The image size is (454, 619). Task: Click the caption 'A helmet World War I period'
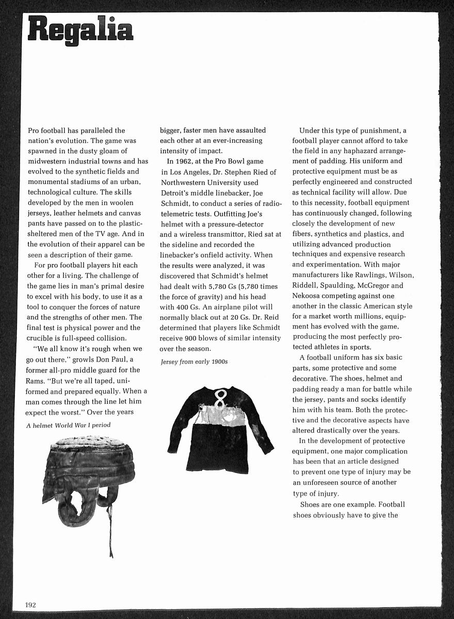68,425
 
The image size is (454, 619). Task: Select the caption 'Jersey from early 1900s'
194,362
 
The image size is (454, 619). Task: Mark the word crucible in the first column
44,338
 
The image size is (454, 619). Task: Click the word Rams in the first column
37,380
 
